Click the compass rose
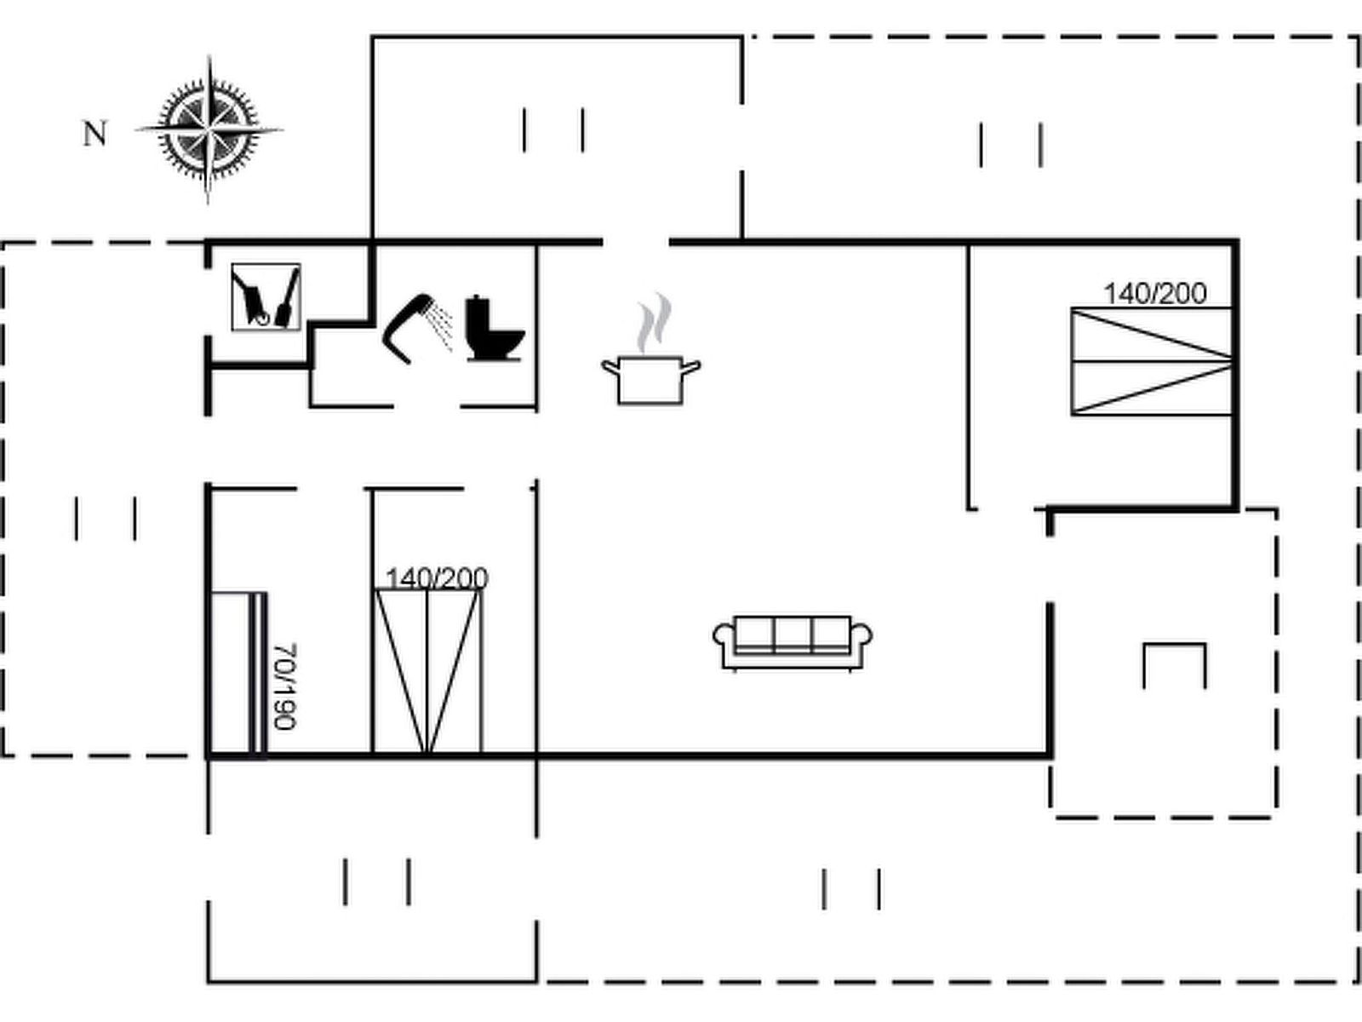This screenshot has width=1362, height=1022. pyautogui.click(x=209, y=130)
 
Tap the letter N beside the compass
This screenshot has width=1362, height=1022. pyautogui.click(x=95, y=134)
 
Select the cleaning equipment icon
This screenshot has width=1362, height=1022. pyautogui.click(x=266, y=296)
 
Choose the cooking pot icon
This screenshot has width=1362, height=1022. pyautogui.click(x=650, y=379)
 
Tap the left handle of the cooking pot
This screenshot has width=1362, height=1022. pyautogui.click(x=610, y=367)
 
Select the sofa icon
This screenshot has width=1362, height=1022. pyautogui.click(x=793, y=641)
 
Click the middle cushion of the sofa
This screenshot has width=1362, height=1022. pyautogui.click(x=793, y=634)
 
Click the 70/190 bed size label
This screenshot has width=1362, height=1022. pyautogui.click(x=285, y=686)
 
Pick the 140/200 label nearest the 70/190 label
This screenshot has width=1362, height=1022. pyautogui.click(x=437, y=578)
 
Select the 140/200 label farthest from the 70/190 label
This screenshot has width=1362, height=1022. pyautogui.click(x=1155, y=294)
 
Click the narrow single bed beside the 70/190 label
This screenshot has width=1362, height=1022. pyautogui.click(x=237, y=673)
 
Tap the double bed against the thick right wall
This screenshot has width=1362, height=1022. pyautogui.click(x=1151, y=362)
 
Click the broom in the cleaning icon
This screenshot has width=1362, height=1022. pyautogui.click(x=288, y=298)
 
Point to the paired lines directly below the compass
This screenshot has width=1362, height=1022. pyautogui.click(x=106, y=519)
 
